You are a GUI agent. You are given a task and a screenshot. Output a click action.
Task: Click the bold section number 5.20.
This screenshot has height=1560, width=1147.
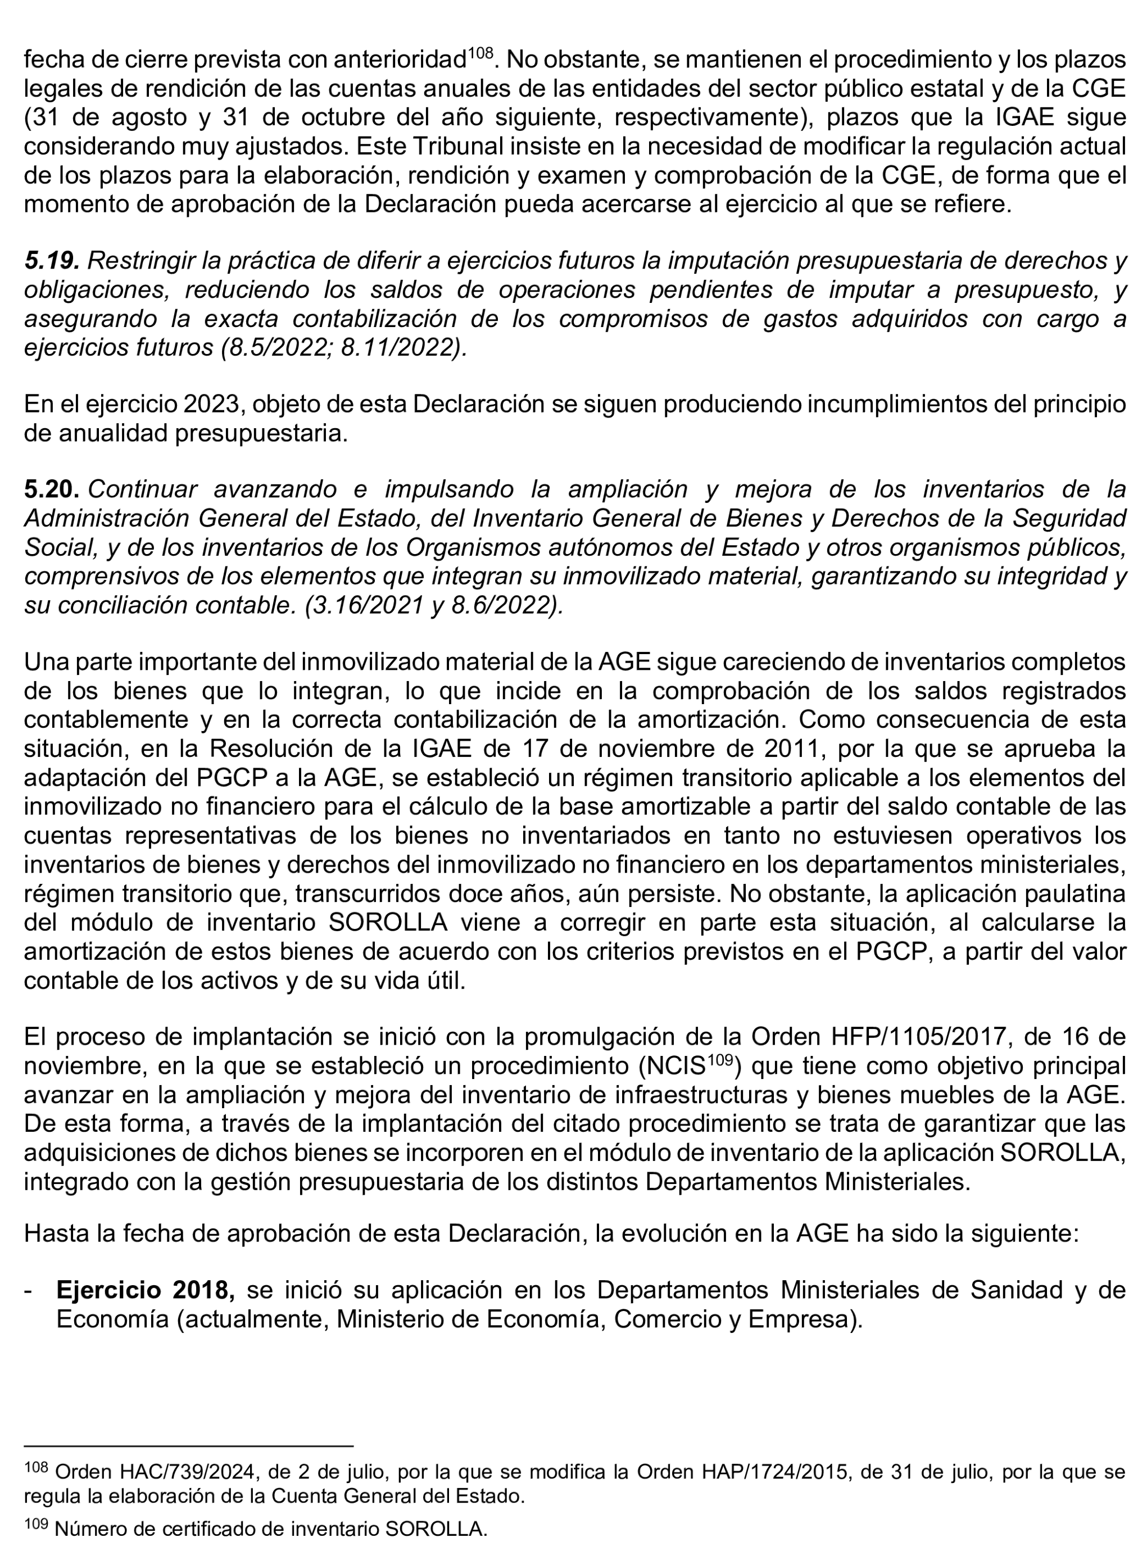coord(51,489)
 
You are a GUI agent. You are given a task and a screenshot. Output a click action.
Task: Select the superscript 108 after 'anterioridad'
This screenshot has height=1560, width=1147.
coord(480,52)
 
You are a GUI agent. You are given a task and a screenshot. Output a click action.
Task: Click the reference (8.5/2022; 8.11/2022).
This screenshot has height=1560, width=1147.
coord(344,348)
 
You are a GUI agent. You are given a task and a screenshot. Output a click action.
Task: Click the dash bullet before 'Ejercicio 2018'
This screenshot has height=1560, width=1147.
coord(29,1290)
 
